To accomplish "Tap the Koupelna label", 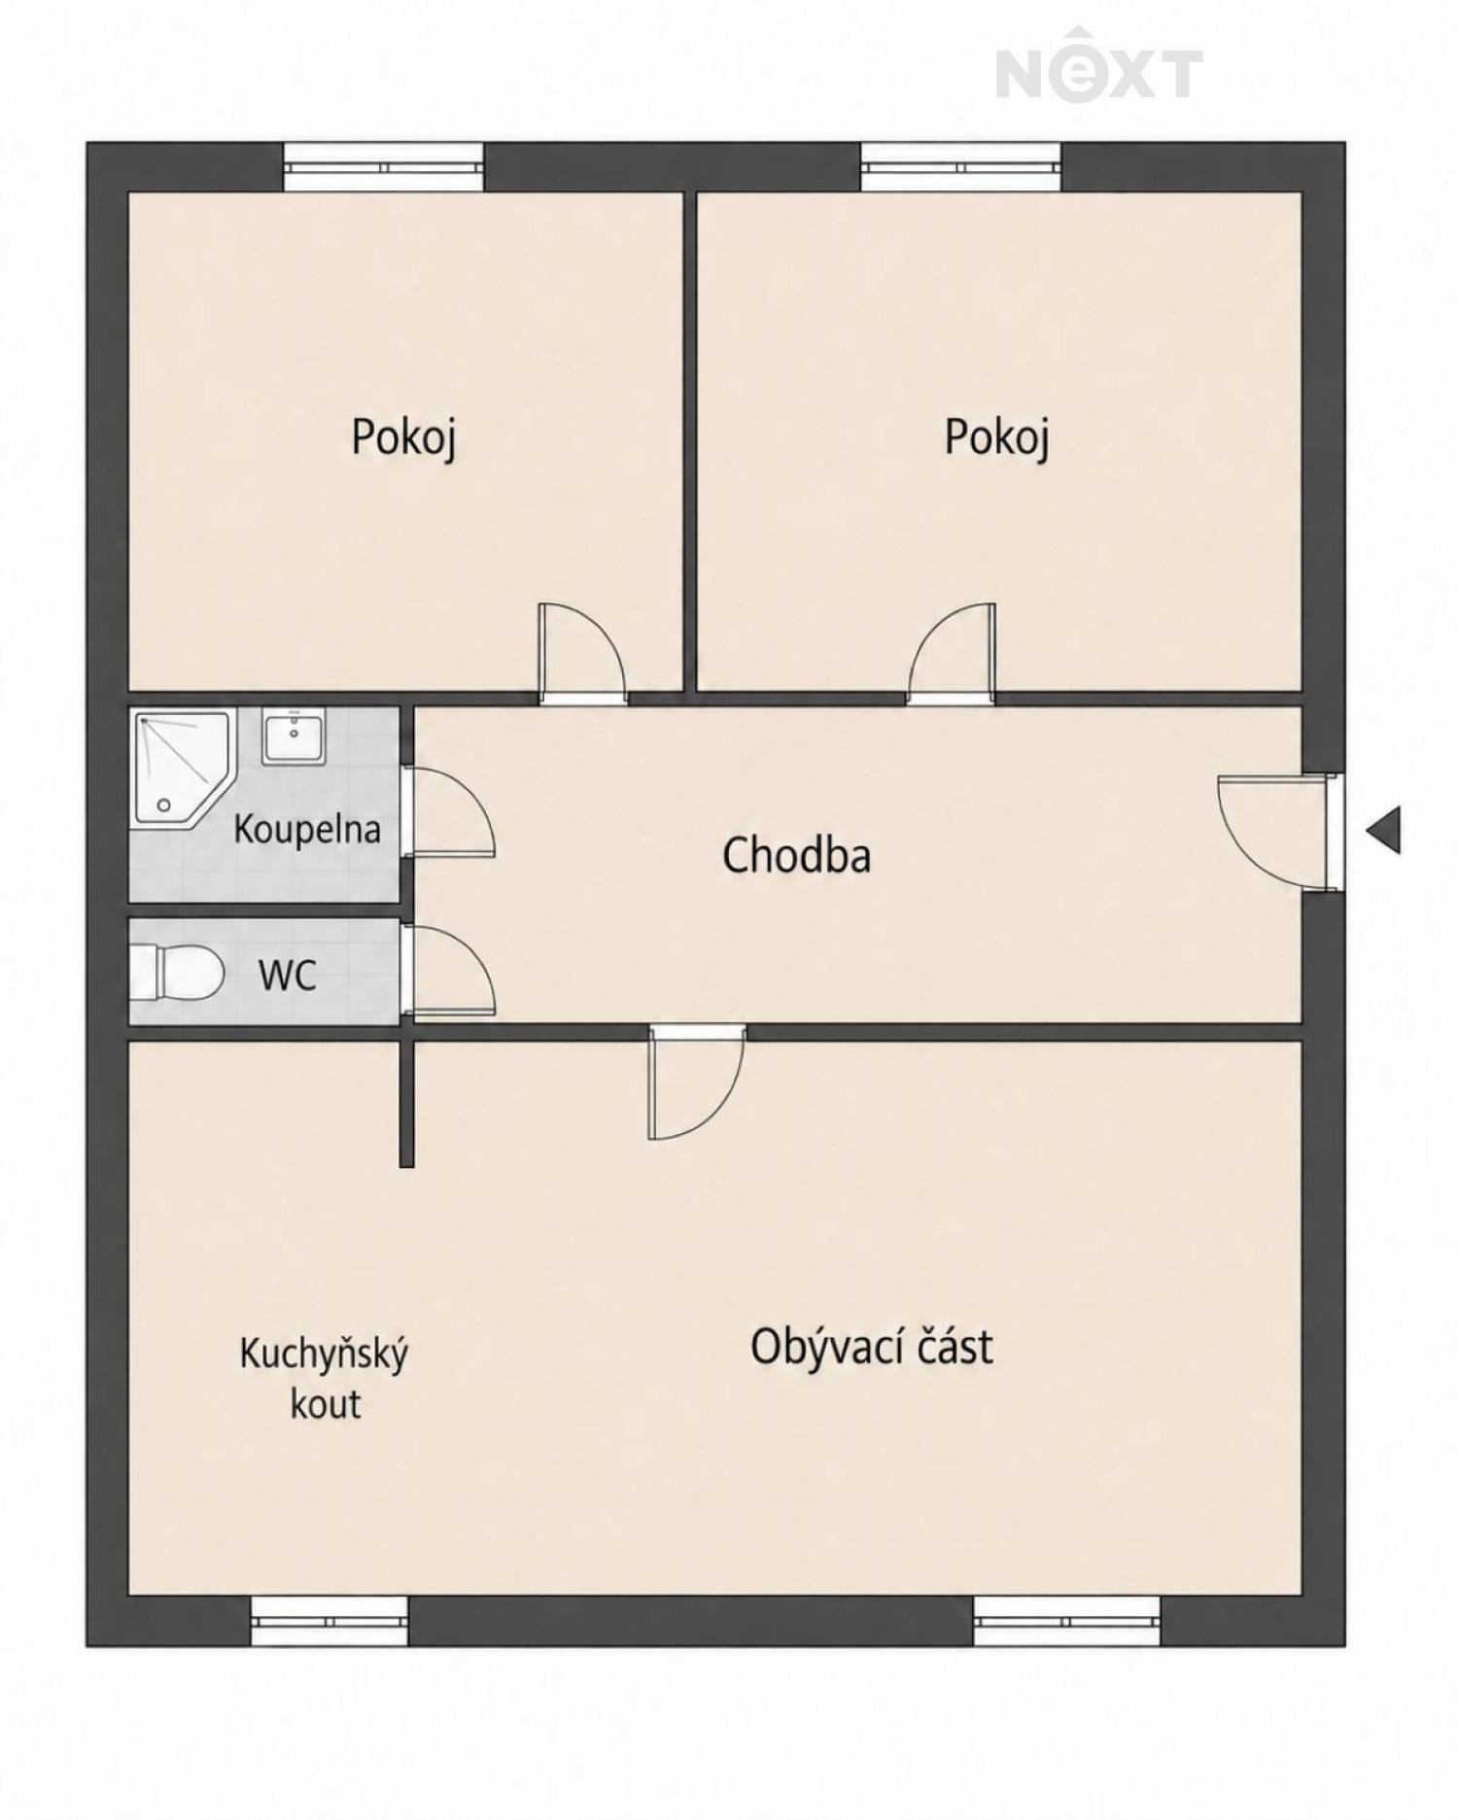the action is pos(307,830).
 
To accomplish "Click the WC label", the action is pos(288,975).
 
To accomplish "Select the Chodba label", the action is pos(796,855).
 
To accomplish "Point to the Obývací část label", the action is pos(872,1346).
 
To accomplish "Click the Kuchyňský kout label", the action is pos(325,1378).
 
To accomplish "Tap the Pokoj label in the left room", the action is pos(403,437).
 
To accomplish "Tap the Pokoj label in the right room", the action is pos(996,437).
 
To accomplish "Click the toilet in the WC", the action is pos(177,973).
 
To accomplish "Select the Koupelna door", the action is pos(448,812).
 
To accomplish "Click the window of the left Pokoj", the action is pos(384,167).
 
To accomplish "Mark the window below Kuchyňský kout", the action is pos(330,1621).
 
